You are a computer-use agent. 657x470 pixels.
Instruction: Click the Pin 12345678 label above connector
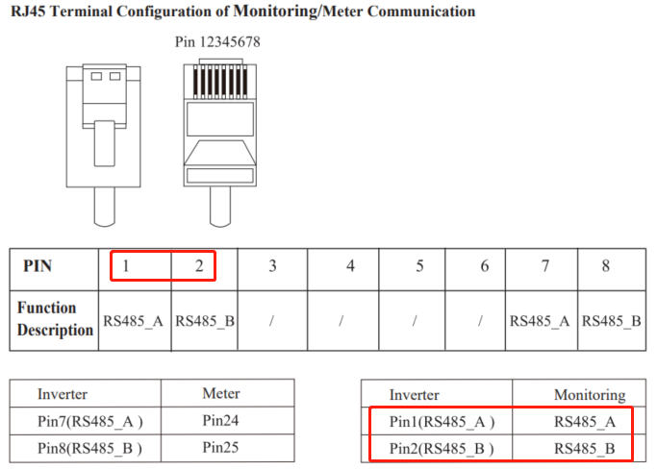217,42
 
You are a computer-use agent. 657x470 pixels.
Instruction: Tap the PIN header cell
38,265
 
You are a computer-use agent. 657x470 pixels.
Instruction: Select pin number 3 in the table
272,265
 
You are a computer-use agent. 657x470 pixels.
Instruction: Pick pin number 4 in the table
350,265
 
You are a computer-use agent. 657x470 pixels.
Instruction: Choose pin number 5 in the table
419,265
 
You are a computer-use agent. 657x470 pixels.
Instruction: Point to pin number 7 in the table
543,265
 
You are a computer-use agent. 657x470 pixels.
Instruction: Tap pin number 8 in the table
612,265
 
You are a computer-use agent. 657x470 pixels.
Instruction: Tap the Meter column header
221,393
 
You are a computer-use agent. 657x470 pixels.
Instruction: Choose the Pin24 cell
221,420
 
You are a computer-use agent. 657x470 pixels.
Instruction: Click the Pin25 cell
221,447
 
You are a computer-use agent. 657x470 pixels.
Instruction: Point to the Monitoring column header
590,394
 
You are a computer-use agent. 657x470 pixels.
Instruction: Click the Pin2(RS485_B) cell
442,448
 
